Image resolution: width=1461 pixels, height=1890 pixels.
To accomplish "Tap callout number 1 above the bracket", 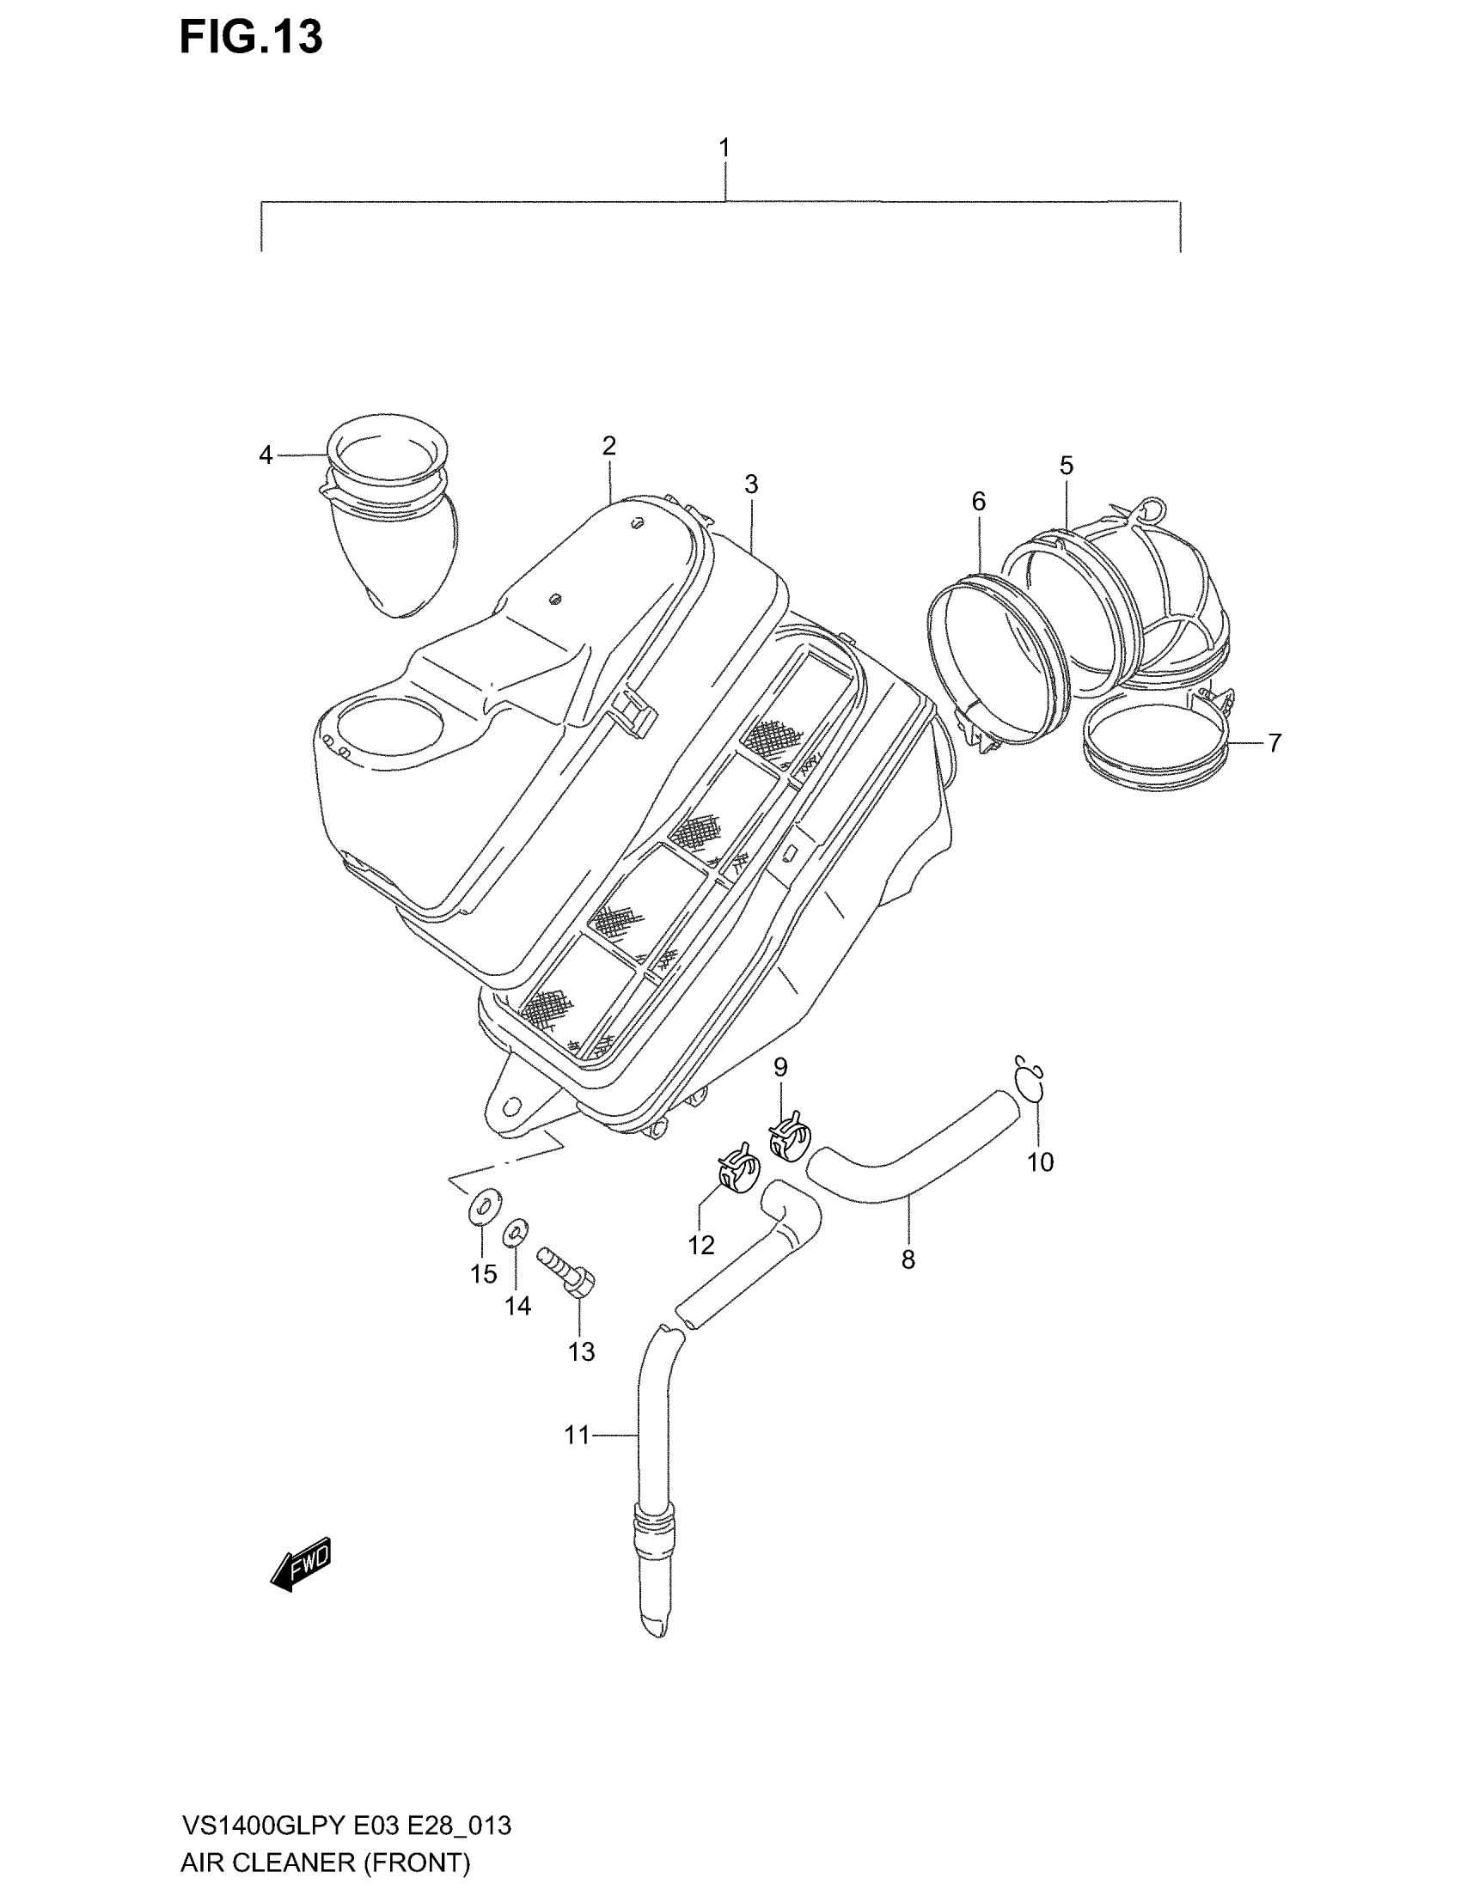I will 724,148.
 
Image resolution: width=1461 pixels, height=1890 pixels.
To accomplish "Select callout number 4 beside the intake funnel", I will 266,454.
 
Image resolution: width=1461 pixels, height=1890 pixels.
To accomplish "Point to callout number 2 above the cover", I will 609,447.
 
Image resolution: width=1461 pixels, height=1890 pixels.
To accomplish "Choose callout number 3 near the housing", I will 750,485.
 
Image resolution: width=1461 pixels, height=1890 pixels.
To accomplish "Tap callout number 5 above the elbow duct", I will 1067,466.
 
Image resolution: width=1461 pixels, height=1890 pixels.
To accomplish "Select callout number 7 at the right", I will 1274,742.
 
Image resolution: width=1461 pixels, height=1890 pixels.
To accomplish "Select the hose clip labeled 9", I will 789,1137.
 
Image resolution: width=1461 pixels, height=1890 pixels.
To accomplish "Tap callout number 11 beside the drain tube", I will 577,1435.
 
